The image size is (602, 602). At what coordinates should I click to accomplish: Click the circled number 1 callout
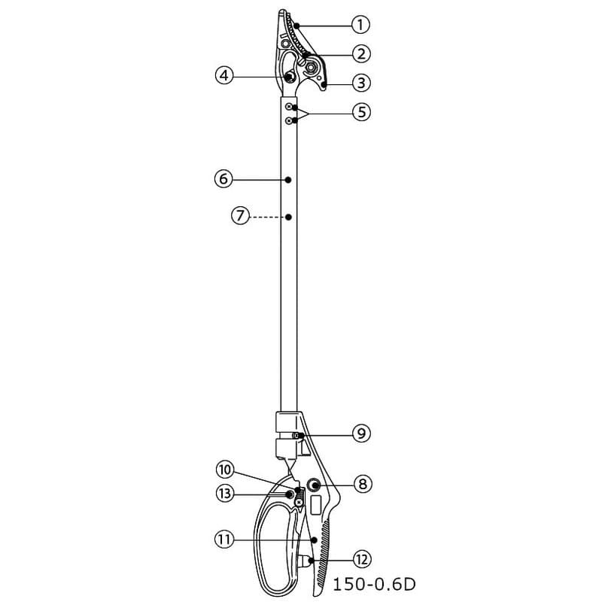pos(360,25)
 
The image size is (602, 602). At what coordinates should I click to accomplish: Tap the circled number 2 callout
pos(361,53)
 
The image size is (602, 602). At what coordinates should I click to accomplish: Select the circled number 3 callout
pos(361,83)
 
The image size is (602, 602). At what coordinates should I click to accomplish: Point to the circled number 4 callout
pos(224,76)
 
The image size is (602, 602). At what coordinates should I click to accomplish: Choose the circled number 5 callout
pos(362,112)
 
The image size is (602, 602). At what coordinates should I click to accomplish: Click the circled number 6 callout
pos(223,179)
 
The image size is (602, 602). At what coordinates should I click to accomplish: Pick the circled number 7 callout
pos(240,216)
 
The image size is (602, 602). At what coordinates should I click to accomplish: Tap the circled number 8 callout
pos(363,485)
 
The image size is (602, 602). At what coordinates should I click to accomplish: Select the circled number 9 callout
pos(361,434)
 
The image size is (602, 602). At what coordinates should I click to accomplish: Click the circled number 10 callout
pos(225,470)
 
